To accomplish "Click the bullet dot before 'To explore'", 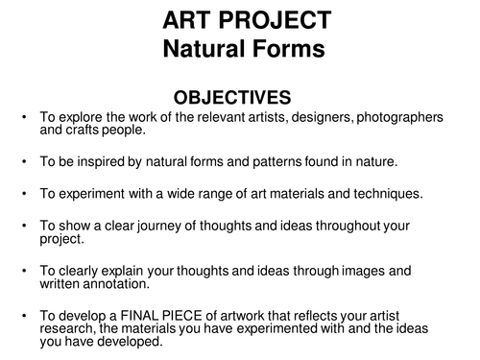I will pos(24,116).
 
